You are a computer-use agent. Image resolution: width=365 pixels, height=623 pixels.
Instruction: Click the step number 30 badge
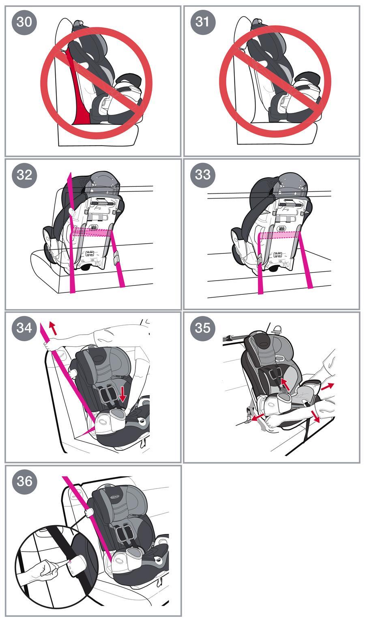(x=24, y=22)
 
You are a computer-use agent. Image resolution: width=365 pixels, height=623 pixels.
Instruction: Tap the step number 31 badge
(x=202, y=22)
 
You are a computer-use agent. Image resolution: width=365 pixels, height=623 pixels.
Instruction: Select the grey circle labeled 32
(x=24, y=175)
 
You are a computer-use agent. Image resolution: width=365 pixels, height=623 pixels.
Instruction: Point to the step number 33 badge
(x=202, y=175)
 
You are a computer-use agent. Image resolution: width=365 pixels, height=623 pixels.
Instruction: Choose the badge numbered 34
(x=24, y=328)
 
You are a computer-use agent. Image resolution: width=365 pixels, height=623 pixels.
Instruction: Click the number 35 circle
(x=202, y=328)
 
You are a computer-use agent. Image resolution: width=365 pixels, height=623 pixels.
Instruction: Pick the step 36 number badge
(x=24, y=481)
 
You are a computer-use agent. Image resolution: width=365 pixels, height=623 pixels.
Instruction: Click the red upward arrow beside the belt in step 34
(x=53, y=328)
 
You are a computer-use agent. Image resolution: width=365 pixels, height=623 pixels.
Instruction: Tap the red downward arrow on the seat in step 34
(x=122, y=394)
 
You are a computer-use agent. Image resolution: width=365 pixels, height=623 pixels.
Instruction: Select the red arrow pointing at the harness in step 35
(x=285, y=384)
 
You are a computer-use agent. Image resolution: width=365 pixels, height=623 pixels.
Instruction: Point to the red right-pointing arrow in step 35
(x=327, y=386)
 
